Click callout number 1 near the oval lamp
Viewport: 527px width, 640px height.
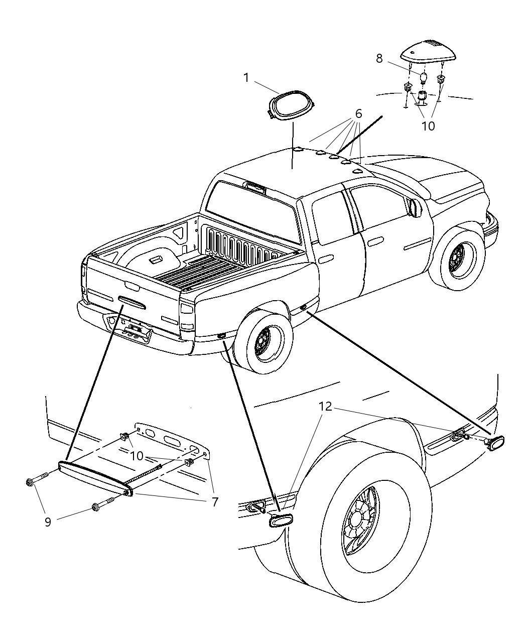pos(246,78)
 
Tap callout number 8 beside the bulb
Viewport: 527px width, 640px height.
pos(379,58)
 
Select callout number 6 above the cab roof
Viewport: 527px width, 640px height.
pos(358,114)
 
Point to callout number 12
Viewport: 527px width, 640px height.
pos(325,407)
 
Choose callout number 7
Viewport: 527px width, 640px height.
pos(215,502)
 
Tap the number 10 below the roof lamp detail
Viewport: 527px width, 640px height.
pos(428,126)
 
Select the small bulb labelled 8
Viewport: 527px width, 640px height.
pos(423,78)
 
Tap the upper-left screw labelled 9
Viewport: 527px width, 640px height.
pos(38,481)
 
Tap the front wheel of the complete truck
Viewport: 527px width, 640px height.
pos(457,261)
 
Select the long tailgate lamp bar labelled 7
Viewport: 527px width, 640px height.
pos(95,477)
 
